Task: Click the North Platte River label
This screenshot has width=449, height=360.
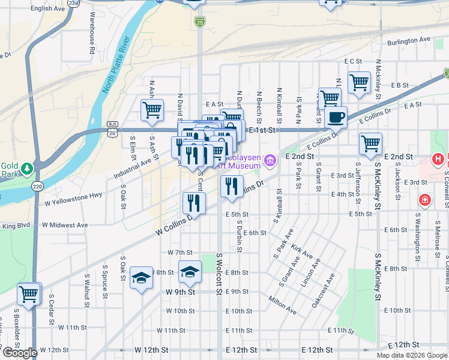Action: click(116, 65)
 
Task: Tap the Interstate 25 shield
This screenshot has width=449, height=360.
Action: click(199, 22)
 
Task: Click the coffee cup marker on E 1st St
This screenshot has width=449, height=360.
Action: click(336, 117)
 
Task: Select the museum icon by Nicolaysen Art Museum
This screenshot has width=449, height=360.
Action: click(270, 160)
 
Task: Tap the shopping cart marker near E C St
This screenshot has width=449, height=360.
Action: click(359, 82)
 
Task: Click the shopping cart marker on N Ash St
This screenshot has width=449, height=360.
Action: click(152, 110)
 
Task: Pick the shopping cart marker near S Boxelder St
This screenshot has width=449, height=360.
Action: click(28, 293)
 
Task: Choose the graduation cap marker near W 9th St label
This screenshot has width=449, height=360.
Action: click(190, 271)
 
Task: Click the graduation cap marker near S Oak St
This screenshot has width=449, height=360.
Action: click(141, 278)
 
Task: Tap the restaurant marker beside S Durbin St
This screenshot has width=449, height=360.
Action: click(231, 186)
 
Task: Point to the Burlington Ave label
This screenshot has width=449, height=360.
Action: click(409, 40)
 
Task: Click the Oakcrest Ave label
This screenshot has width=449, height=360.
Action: click(323, 290)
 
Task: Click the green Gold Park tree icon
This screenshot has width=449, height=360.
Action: click(26, 167)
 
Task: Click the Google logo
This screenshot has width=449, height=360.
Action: click(20, 352)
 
